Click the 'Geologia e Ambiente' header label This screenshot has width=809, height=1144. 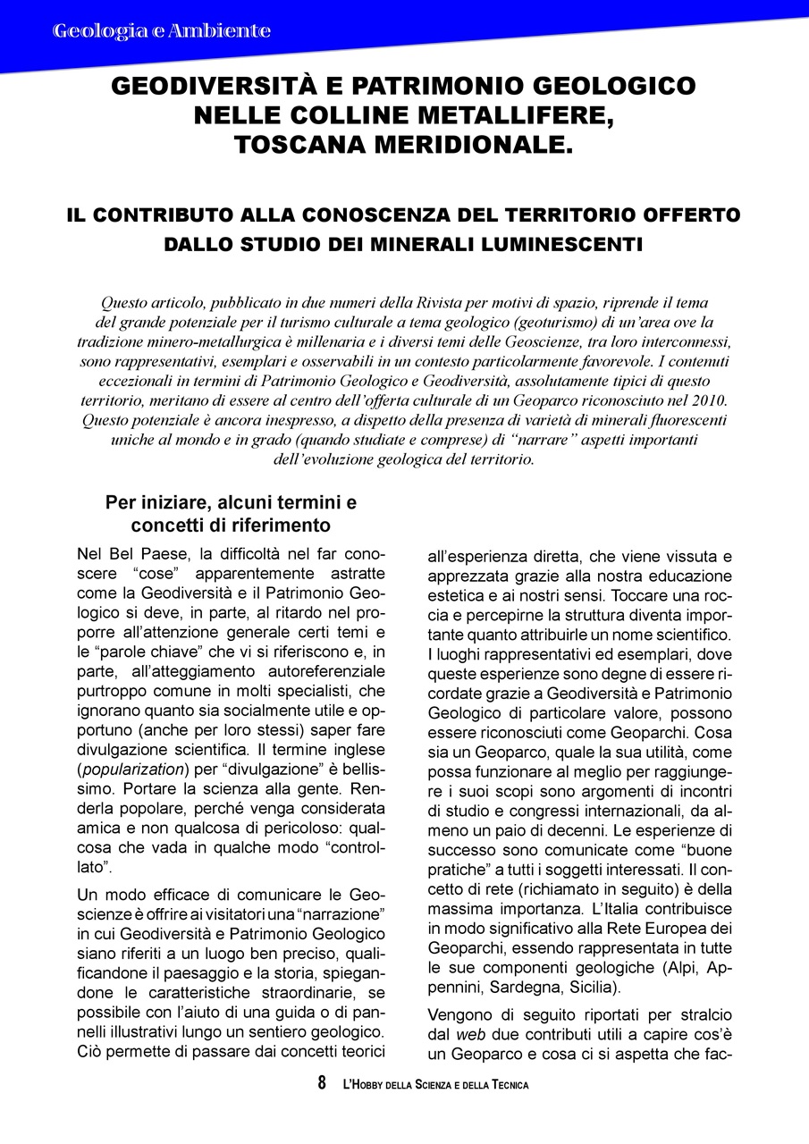pyautogui.click(x=162, y=31)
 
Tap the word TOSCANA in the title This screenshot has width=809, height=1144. pyautogui.click(x=310, y=145)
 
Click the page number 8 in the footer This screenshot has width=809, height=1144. pyautogui.click(x=322, y=1084)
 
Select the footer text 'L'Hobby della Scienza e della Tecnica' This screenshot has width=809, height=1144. pyautogui.click(x=435, y=1085)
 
